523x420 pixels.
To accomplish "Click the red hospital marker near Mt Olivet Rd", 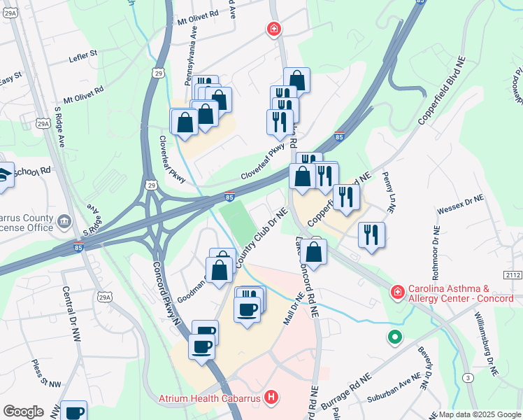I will (274, 29).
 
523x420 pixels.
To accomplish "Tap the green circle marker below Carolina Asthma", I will (395, 338).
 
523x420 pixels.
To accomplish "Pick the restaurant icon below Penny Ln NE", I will (371, 234).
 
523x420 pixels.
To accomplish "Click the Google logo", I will (23, 412).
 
